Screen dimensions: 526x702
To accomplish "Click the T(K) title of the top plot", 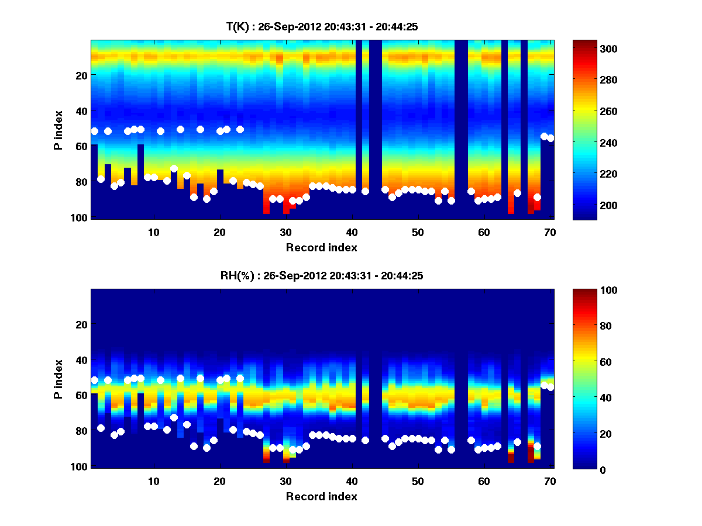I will pos(321,27).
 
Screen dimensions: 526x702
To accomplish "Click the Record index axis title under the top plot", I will pos(321,247).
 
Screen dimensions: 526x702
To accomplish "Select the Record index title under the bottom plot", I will pos(321,496).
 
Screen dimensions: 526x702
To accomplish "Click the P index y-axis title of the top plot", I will pos(58,129).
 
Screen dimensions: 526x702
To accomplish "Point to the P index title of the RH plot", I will pos(58,378).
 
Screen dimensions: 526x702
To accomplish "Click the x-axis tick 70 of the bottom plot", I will pos(550,481).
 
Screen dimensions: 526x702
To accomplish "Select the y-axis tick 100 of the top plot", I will pos(80,217).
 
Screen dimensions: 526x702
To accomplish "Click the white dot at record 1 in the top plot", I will pos(94,131).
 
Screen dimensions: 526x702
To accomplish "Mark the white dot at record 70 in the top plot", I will pos(550,138).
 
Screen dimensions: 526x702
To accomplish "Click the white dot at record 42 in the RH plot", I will pos(366,440).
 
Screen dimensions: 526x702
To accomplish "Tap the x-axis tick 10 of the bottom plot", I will pos(153,481).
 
